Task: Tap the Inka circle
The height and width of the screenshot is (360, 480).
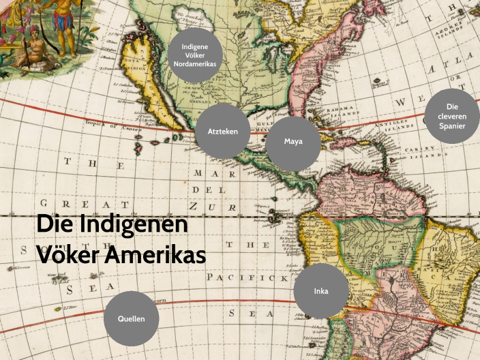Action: (321, 291)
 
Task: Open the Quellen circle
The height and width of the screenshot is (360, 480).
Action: (131, 318)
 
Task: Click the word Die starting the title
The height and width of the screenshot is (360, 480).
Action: (53, 224)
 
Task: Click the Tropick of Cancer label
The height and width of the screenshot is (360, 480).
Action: (112, 126)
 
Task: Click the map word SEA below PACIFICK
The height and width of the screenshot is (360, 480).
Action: (241, 313)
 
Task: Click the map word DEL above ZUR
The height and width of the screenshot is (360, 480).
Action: (207, 190)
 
